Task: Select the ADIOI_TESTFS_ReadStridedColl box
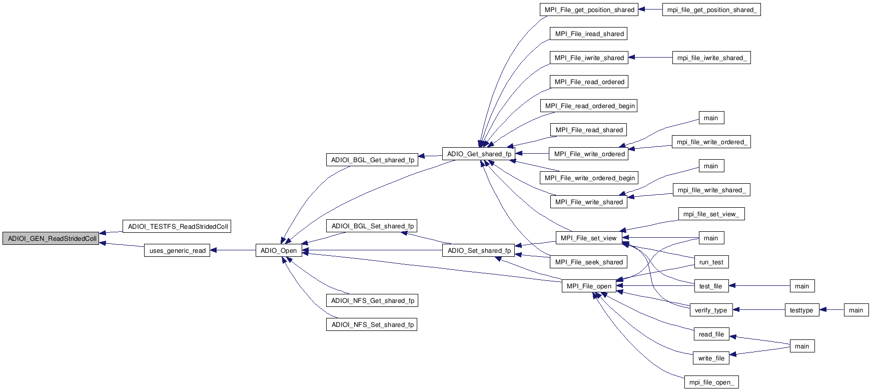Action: coord(178,227)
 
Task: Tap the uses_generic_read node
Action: coord(178,251)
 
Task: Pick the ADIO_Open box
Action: coord(279,251)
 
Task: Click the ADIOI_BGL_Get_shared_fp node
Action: coord(372,160)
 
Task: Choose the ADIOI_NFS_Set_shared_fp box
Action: coord(372,325)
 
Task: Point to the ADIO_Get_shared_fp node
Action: coord(479,154)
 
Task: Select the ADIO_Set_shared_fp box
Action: coord(479,251)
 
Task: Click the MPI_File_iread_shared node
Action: coord(589,34)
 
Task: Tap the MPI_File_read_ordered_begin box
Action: coord(589,106)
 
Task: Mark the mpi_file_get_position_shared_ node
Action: coord(711,10)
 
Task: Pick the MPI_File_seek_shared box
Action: coord(589,262)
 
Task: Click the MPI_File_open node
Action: coord(589,286)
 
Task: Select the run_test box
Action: coord(711,262)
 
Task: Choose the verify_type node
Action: coord(711,310)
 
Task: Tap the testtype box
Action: coord(801,310)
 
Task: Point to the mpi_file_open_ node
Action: coord(711,382)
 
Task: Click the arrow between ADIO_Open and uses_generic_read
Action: coord(233,250)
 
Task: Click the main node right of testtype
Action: coord(856,310)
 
